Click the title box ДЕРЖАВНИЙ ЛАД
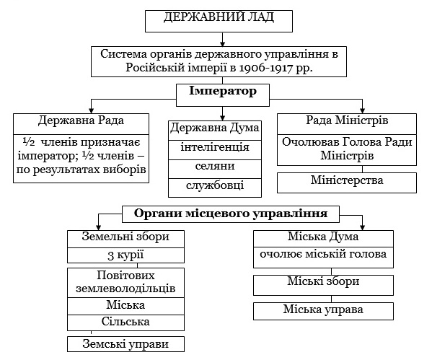point(219,21)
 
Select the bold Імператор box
point(223,95)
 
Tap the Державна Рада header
point(81,124)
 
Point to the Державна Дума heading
point(215,131)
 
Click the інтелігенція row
point(215,150)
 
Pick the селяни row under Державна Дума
point(215,169)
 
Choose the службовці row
point(215,188)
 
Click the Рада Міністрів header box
point(347,124)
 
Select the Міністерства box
point(347,183)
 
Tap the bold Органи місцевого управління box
point(231,214)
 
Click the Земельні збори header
point(125,239)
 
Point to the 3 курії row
point(125,255)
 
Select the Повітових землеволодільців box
point(125,283)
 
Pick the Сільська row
point(125,322)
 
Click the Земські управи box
point(125,344)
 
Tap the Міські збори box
point(323,285)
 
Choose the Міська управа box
point(323,311)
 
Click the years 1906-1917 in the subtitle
point(265,68)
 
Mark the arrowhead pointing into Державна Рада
point(91,110)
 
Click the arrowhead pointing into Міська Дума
point(362,227)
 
